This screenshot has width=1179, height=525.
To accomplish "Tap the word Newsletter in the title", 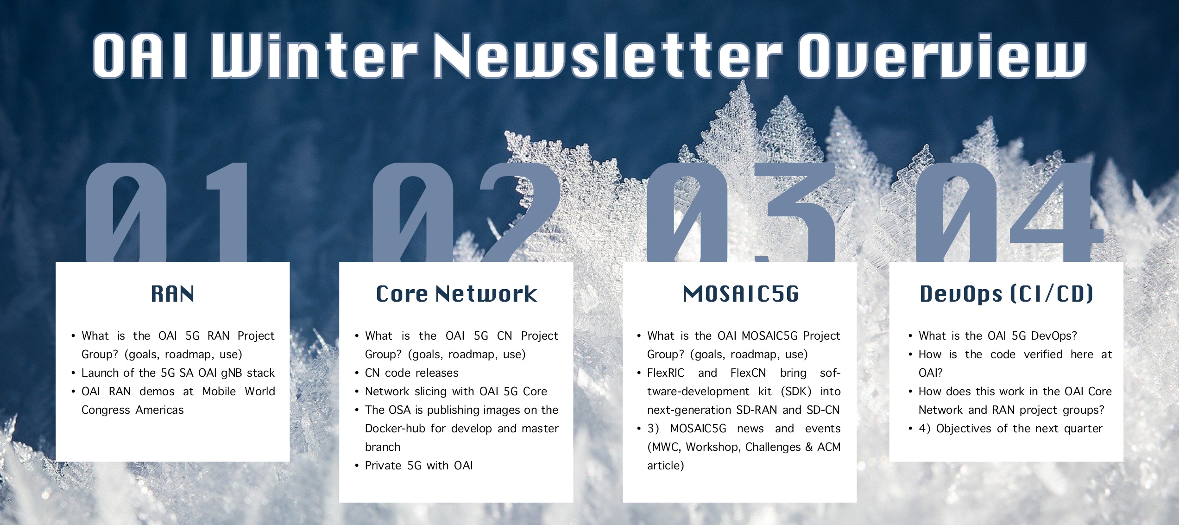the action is [x=607, y=55].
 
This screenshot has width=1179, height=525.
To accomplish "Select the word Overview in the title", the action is [x=942, y=55].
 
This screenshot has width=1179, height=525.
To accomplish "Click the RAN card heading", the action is [x=173, y=294].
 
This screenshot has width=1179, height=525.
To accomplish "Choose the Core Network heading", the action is [x=456, y=294].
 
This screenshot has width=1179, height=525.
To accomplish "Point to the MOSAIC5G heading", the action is [x=741, y=294].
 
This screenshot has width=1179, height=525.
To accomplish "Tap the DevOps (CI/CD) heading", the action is [x=1006, y=294].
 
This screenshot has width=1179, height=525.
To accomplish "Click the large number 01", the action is [x=167, y=212].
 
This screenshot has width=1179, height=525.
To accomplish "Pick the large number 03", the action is [x=741, y=212].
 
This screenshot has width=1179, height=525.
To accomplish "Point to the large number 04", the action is [x=1010, y=212].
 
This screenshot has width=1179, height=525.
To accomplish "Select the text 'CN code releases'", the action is [x=411, y=373].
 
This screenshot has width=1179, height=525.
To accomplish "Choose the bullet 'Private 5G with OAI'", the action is [x=419, y=466].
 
